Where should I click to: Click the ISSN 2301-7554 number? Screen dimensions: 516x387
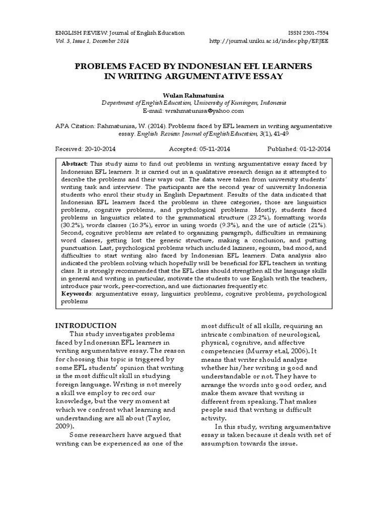pos(307,33)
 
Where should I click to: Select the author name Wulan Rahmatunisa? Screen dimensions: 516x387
pos(193,94)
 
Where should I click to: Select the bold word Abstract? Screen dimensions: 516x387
pos(75,164)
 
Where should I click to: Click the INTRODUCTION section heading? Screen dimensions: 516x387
pos(86,326)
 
